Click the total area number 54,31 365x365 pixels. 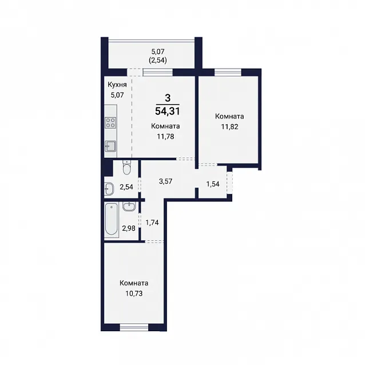pyautogui.click(x=168, y=111)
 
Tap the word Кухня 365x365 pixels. pyautogui.click(x=117, y=85)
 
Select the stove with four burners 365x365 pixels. pyautogui.click(x=110, y=122)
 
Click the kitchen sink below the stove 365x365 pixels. pyautogui.click(x=110, y=146)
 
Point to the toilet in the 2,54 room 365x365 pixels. pyautogui.click(x=127, y=168)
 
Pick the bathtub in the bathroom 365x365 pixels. pyautogui.click(x=111, y=219)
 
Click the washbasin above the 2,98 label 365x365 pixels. pyautogui.click(x=129, y=207)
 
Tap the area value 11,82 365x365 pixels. pyautogui.click(x=229, y=127)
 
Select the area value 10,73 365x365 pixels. pyautogui.click(x=134, y=293)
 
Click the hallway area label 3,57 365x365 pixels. pyautogui.click(x=165, y=181)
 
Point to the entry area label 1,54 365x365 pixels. pyautogui.click(x=213, y=184)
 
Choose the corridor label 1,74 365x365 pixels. pyautogui.click(x=152, y=223)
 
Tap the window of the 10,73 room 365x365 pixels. pyautogui.click(x=134, y=327)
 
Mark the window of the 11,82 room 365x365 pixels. pyautogui.click(x=228, y=72)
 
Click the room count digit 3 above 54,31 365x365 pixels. pyautogui.click(x=168, y=98)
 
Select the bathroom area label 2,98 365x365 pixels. pyautogui.click(x=129, y=228)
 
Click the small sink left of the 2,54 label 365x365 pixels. pyautogui.click(x=109, y=189)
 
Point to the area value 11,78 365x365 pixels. pyautogui.click(x=165, y=136)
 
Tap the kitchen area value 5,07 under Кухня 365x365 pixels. pyautogui.click(x=117, y=95)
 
